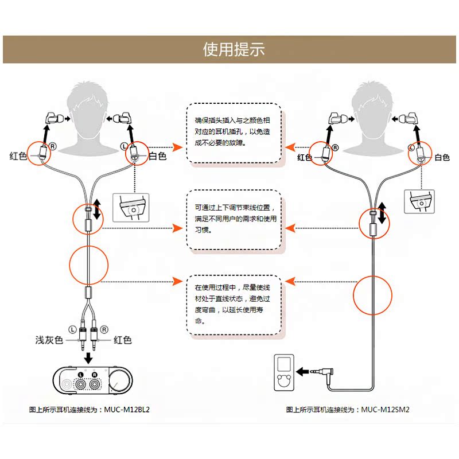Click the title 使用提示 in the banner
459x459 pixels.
(x=234, y=49)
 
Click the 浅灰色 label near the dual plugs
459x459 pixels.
(x=49, y=340)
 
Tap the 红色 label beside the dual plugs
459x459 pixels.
(x=123, y=340)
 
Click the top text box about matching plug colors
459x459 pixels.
(x=234, y=134)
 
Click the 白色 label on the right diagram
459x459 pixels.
(x=442, y=157)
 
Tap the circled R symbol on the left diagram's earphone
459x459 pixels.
(x=53, y=146)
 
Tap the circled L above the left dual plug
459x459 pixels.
(x=72, y=329)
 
